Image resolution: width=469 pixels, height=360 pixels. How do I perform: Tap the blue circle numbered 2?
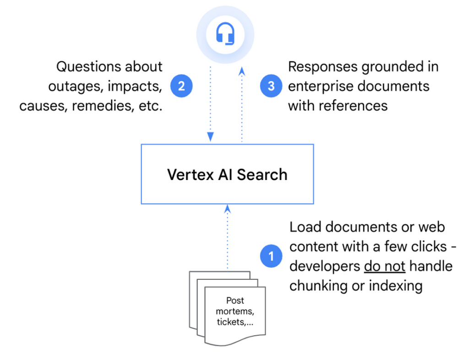pos(181,86)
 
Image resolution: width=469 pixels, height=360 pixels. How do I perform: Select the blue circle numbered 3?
pos(271,86)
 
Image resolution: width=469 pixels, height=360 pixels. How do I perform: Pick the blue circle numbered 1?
pos(271,256)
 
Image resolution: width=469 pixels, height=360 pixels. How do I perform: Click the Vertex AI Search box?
pos(227,174)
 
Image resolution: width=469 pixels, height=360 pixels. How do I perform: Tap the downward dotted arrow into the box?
pos(210,105)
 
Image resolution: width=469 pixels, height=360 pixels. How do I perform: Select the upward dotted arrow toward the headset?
pos(242,105)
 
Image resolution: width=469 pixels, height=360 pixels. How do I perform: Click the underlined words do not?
pos(385,266)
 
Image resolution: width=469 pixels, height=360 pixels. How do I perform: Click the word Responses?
pos(323,67)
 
